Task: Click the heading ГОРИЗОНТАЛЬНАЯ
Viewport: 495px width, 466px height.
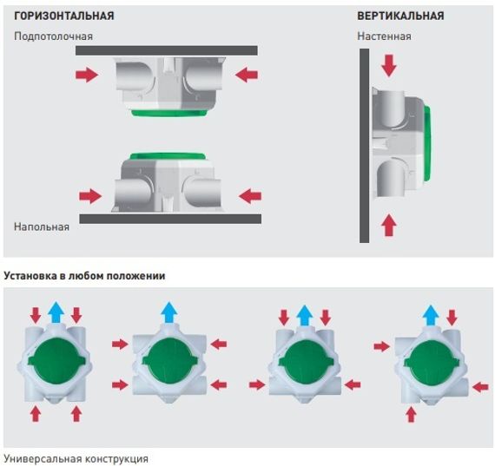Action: click(x=63, y=16)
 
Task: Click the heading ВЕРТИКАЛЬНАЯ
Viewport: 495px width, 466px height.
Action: click(x=400, y=16)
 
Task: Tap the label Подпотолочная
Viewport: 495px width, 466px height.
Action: click(x=53, y=36)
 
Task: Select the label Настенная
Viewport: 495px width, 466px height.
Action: click(x=384, y=36)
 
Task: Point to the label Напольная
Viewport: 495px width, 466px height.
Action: click(x=42, y=226)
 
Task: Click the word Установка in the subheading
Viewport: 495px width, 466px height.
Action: click(x=30, y=276)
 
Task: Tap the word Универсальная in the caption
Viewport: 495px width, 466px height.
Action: click(x=43, y=458)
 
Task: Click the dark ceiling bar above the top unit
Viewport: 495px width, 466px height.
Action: click(x=167, y=50)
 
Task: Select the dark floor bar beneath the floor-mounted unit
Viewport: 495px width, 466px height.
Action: click(x=170, y=219)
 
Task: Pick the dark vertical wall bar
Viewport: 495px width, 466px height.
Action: click(x=365, y=146)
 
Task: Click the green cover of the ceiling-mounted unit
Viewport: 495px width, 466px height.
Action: click(x=169, y=113)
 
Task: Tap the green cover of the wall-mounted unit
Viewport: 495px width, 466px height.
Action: click(x=426, y=143)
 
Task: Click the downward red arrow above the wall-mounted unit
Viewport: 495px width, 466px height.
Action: click(x=388, y=66)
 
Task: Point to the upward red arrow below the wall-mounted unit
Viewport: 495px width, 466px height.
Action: click(x=388, y=226)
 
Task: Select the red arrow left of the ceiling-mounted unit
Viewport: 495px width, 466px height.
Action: click(x=87, y=75)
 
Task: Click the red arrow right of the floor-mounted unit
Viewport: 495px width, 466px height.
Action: click(x=250, y=196)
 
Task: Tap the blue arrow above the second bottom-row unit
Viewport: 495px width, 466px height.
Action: click(x=169, y=312)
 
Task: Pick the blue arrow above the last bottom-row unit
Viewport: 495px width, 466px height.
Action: click(x=431, y=315)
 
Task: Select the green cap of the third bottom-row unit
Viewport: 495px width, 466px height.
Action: click(x=305, y=362)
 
